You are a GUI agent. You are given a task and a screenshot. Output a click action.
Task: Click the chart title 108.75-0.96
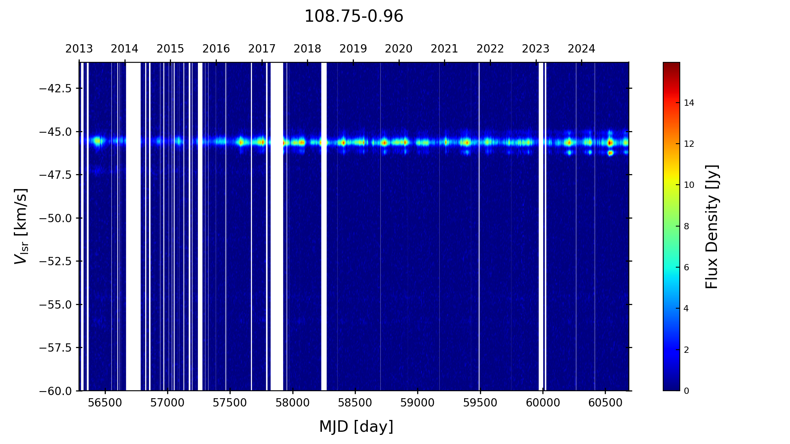[x=354, y=17]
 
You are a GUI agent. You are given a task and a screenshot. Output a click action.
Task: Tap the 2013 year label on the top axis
[x=79, y=49]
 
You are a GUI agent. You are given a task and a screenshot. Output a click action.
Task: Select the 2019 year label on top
[x=353, y=49]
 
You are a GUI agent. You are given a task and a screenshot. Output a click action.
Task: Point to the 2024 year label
[x=581, y=49]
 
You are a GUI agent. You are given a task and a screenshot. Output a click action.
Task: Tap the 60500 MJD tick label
[x=606, y=403]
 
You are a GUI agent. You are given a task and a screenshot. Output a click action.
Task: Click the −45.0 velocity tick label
[x=55, y=131]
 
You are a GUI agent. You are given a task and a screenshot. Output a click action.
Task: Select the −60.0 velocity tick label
[x=55, y=391]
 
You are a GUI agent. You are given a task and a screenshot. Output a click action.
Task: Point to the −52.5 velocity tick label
[x=55, y=261]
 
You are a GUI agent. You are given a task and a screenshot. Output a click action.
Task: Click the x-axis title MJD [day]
[x=356, y=427]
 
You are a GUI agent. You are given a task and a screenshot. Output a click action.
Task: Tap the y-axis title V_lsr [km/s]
[x=21, y=226]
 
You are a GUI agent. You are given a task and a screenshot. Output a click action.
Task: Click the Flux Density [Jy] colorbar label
[x=712, y=227]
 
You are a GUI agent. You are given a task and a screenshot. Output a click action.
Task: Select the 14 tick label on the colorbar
[x=689, y=103]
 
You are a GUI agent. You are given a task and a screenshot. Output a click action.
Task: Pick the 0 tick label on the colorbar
[x=687, y=391]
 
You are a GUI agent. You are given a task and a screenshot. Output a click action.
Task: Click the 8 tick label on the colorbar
[x=687, y=227]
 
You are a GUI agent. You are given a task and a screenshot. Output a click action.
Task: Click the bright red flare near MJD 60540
[x=610, y=142]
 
